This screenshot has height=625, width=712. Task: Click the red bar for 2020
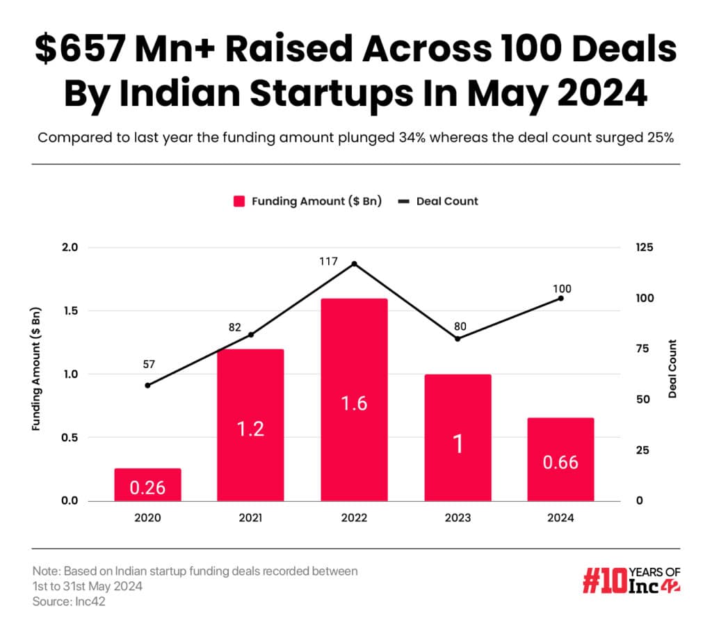pos(147,484)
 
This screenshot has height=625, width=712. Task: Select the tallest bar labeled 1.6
pos(354,399)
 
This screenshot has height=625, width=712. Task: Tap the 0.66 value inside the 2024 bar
pos(560,462)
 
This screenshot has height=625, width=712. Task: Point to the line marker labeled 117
pos(354,264)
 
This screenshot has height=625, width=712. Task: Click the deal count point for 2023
pos(458,339)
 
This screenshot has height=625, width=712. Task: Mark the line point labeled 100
pos(560,298)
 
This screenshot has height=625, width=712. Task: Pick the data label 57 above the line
pos(147,364)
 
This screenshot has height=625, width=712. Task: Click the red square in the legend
pos(239,201)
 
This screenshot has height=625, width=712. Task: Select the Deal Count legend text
pos(447,201)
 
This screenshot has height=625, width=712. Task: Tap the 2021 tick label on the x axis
pos(251,518)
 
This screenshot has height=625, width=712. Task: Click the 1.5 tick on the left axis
pos(70,311)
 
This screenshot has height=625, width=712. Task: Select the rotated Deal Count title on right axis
pos(672,369)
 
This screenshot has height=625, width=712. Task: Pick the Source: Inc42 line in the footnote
pos(69,600)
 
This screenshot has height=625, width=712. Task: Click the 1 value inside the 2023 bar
pos(458,445)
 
